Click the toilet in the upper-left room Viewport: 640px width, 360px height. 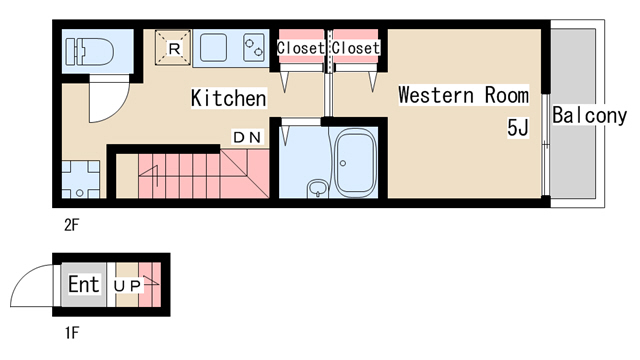point(90,51)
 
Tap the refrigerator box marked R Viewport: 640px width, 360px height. point(173,47)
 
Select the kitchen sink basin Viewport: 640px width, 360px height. point(213,48)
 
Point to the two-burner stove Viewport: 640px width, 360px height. point(253,47)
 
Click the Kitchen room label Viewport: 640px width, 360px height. point(229,98)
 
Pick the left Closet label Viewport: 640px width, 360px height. point(300,48)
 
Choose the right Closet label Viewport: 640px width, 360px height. point(356,48)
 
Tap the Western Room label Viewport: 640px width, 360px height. point(463,95)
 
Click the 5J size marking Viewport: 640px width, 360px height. point(518,127)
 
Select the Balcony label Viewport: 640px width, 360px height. point(589,116)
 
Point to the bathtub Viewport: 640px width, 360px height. point(355,165)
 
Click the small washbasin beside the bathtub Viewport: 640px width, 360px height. point(318,188)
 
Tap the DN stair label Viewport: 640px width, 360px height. point(247,137)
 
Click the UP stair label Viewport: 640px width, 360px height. point(127,286)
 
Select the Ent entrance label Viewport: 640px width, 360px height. point(84,284)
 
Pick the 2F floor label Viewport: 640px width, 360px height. point(71,225)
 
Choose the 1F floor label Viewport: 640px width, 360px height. point(71,333)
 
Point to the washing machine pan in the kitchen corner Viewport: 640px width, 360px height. point(81,180)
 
